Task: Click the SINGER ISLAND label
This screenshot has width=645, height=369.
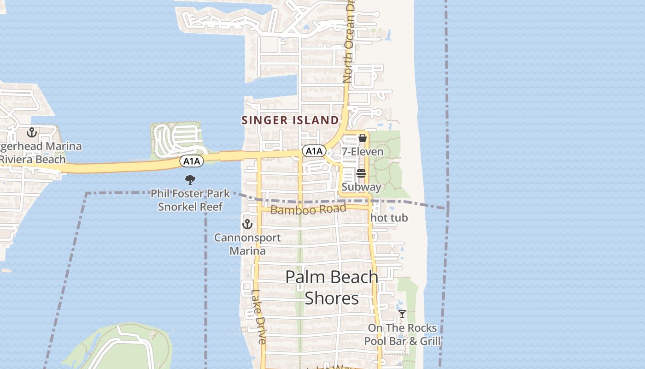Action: [290, 120]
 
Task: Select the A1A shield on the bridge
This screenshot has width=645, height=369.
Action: [191, 161]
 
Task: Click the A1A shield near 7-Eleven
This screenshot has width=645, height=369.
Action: [314, 151]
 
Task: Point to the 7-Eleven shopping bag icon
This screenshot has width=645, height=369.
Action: [363, 137]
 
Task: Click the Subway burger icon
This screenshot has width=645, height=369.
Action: [361, 173]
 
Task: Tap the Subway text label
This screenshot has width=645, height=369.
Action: [361, 187]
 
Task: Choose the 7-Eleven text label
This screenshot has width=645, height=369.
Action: [363, 152]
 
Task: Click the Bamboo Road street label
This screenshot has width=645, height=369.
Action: [308, 210]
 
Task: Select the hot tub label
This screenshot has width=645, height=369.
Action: [389, 218]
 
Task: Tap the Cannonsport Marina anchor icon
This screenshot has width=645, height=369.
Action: [248, 225]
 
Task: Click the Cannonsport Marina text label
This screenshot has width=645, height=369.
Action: [248, 244]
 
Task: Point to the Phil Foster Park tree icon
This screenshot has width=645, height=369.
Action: [190, 180]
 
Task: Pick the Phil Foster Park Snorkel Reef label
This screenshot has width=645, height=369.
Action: [190, 200]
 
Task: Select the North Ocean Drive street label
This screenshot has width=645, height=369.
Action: [349, 46]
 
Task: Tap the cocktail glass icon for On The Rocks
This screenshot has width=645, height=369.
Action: [402, 314]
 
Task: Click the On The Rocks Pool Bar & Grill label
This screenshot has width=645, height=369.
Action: [402, 334]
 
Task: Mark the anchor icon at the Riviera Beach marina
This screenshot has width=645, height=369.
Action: [31, 133]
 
